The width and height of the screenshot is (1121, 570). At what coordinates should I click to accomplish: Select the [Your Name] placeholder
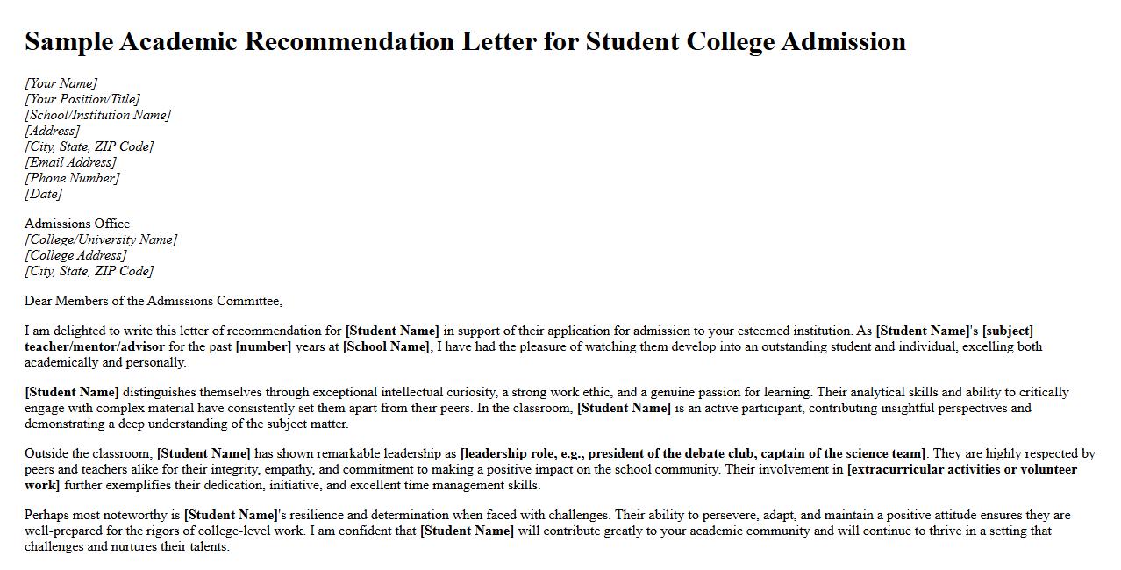pos(61,83)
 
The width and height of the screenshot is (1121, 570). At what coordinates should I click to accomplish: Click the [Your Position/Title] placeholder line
pos(82,99)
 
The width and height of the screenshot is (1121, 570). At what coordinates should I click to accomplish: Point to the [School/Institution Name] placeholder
pos(97,115)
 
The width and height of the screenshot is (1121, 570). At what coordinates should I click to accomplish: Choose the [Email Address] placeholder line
pos(70,162)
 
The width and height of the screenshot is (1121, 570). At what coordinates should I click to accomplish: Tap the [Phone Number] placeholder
pos(72,178)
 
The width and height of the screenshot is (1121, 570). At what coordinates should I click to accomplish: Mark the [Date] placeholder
pos(43,194)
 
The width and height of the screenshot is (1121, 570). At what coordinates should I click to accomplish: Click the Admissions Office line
pos(77,224)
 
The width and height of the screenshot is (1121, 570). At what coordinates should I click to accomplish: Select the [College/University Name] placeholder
pos(100,239)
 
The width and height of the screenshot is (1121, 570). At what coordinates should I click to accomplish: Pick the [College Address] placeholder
pos(75,255)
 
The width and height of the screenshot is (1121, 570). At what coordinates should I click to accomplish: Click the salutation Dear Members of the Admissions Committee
pos(154,301)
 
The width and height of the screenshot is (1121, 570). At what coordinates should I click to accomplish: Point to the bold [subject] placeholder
pos(1008,331)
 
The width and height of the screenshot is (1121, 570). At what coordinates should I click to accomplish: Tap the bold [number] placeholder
pos(263,346)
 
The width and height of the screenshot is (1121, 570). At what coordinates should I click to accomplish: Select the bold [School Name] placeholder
pos(386,346)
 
